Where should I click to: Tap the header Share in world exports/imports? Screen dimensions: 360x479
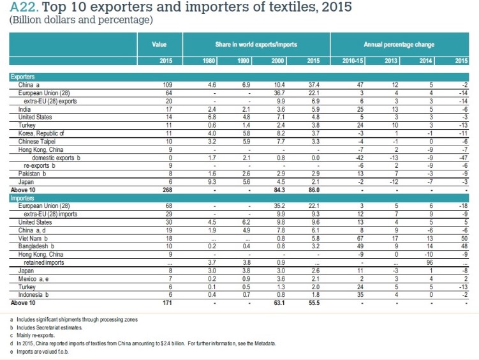(x=256, y=45)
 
